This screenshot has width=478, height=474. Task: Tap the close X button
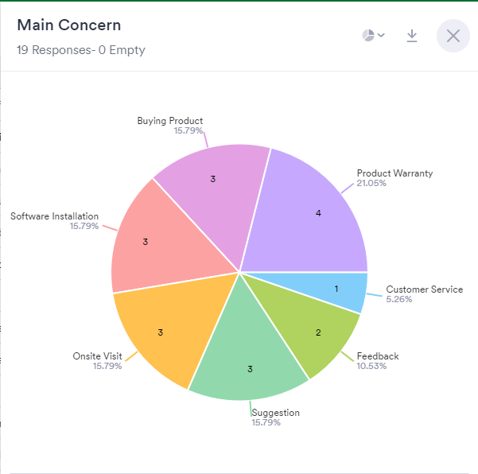(x=453, y=36)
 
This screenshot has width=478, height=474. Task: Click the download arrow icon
(x=412, y=36)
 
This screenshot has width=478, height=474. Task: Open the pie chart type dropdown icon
(x=373, y=36)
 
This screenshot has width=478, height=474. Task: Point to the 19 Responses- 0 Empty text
(x=80, y=50)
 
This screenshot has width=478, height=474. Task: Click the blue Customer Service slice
(x=346, y=290)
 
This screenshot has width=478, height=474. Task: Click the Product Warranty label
(x=394, y=173)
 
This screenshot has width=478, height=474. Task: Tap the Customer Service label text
(x=424, y=289)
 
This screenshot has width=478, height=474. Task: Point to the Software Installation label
(x=54, y=216)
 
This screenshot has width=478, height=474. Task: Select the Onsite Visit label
(x=97, y=356)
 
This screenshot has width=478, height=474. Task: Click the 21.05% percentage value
(x=371, y=183)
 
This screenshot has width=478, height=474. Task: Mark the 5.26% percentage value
(x=399, y=299)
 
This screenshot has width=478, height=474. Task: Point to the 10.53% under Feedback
(x=372, y=366)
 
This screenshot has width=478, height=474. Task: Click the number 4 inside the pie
(x=318, y=213)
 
